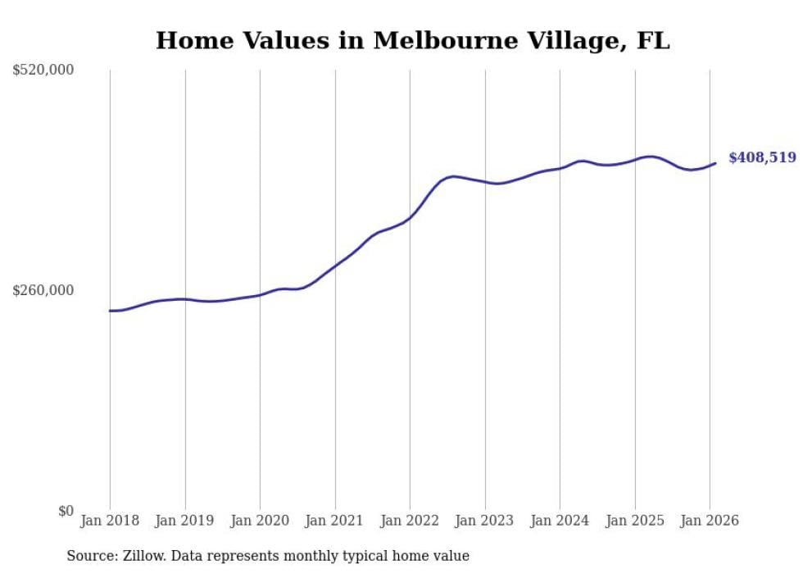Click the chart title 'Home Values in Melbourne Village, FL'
coord(412,40)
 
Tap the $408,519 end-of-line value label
coord(761,157)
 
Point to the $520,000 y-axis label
coord(43,70)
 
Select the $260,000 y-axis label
coord(43,290)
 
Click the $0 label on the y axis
coord(66,511)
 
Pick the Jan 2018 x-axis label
coord(110,521)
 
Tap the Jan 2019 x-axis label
coord(185,521)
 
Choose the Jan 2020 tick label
coord(260,521)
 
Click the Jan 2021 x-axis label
coord(335,521)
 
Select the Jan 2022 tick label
coord(410,521)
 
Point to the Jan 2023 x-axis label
coord(485,521)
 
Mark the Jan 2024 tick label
coord(560,521)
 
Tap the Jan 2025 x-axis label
coord(635,521)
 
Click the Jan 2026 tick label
coord(710,521)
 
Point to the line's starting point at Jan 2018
coord(110,311)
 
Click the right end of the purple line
coord(715,163)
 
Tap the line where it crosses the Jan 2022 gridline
coord(410,217)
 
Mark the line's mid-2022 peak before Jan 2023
coord(454,176)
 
